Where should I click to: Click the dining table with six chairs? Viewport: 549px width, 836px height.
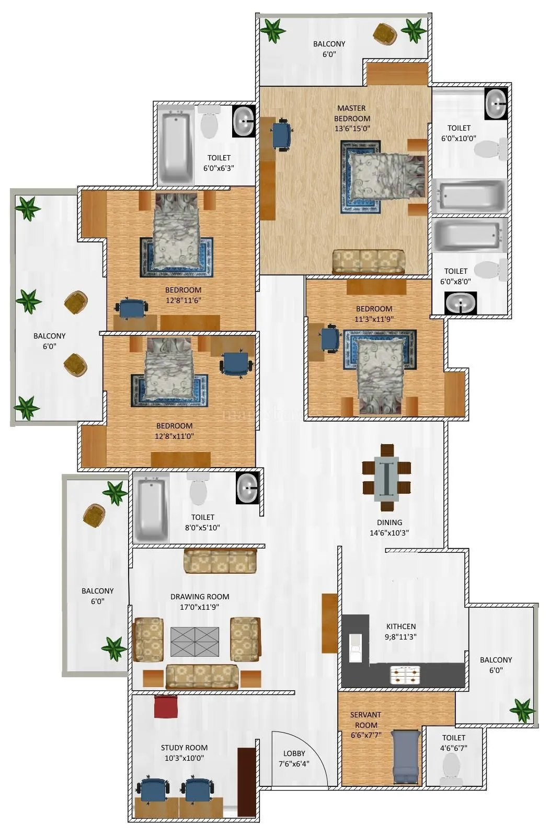[x=386, y=477]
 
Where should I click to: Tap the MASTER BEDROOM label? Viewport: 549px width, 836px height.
[x=352, y=113]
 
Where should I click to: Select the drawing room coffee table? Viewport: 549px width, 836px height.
[x=195, y=642]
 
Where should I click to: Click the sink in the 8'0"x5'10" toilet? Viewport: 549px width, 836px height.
[x=246, y=488]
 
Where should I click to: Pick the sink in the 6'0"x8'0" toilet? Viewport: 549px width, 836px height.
[x=460, y=303]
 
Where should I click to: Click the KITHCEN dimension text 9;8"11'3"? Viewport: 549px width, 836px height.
[x=401, y=636]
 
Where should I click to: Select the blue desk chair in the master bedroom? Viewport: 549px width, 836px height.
[x=282, y=135]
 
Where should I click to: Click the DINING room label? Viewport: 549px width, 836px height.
[x=390, y=522]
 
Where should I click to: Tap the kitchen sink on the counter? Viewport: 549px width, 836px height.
[x=356, y=648]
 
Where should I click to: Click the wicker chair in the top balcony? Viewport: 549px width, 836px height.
[x=385, y=34]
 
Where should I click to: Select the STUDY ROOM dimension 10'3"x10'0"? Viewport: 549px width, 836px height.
[x=184, y=758]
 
